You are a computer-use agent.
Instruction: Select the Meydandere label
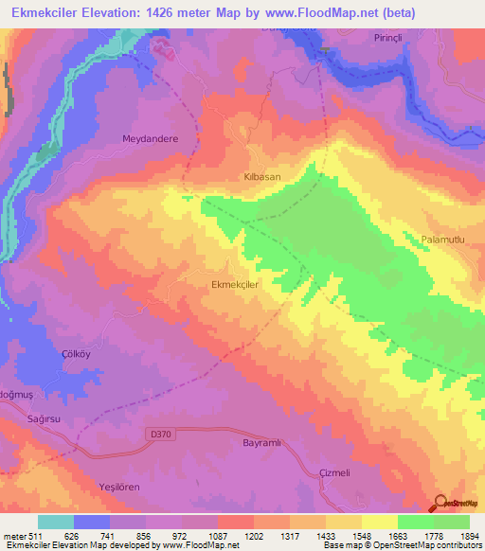pos(150,138)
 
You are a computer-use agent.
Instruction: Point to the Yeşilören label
pos(120,484)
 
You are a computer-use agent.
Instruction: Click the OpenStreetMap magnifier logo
pos(439,504)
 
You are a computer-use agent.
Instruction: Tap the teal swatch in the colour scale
pos(56,522)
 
